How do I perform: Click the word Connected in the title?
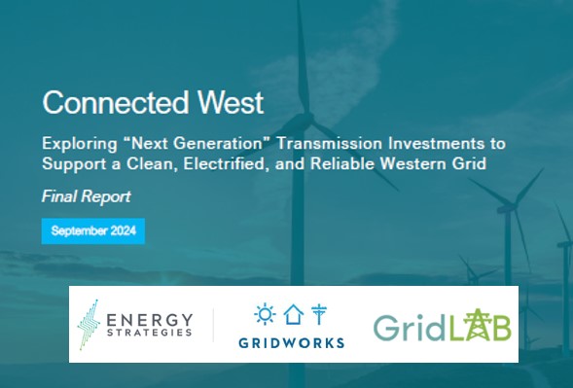point(116,103)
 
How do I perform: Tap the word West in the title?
point(231,103)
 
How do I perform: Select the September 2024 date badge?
point(93,230)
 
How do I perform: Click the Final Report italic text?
point(87,196)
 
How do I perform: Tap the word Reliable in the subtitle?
point(342,163)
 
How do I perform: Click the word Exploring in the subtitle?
point(80,144)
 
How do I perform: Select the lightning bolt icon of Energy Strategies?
point(89,325)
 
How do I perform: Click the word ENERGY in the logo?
point(150,320)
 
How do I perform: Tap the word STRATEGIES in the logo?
point(150,333)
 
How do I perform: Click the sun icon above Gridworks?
point(265,314)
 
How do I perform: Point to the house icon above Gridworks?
point(294,314)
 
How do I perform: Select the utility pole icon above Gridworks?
point(319,314)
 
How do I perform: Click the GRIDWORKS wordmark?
point(292,343)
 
